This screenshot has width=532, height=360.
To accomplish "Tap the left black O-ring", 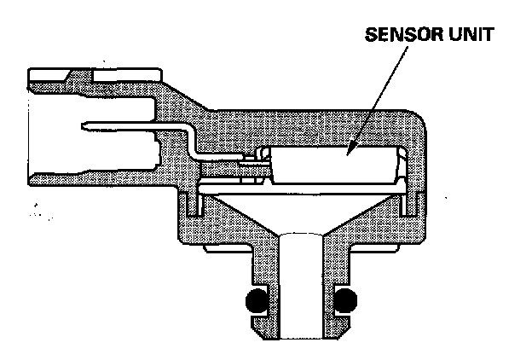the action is click(x=253, y=301).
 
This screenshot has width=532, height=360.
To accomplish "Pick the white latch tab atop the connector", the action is click(x=64, y=78).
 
